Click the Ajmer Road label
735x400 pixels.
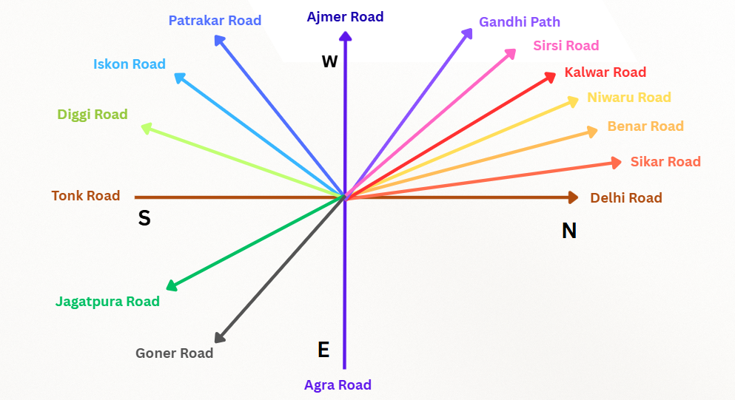tap(345, 16)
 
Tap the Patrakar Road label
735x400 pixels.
tap(215, 21)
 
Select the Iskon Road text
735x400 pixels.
tap(130, 64)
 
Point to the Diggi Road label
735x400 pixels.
tap(93, 115)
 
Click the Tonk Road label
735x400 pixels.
tap(86, 196)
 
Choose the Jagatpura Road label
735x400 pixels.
tap(107, 301)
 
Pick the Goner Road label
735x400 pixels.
tap(174, 353)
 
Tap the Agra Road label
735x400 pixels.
tap(338, 384)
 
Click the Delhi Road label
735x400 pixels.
tap(626, 197)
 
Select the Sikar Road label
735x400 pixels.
tap(665, 162)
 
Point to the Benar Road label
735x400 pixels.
tap(645, 126)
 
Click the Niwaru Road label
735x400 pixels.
tap(629, 98)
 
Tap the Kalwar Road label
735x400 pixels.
tap(605, 72)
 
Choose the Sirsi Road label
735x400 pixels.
tap(566, 46)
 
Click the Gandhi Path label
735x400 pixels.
tap(520, 22)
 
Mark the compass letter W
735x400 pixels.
tap(329, 61)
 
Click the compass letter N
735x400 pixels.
tap(568, 231)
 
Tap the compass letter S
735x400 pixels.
tap(144, 218)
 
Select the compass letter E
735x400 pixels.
tap(323, 350)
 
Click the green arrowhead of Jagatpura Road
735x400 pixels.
tap(171, 285)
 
